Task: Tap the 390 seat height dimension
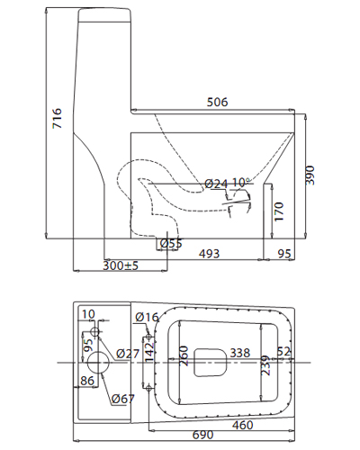point(311,175)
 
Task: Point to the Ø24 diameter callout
point(216,184)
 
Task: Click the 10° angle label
point(240,183)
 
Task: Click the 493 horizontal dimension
point(209,255)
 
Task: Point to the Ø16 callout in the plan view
point(146,316)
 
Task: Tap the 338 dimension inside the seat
point(240,353)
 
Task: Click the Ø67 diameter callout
point(123,399)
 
